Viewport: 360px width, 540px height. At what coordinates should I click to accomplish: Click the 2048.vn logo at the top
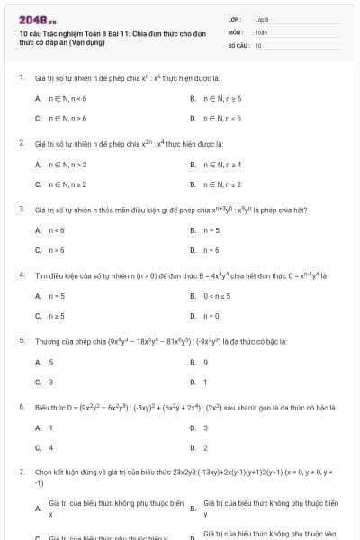[x=37, y=18]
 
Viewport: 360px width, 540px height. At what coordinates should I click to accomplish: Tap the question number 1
[x=21, y=77]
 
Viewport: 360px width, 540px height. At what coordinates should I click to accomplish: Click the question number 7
[x=21, y=472]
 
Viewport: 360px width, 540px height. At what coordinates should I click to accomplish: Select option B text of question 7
[x=271, y=508]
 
